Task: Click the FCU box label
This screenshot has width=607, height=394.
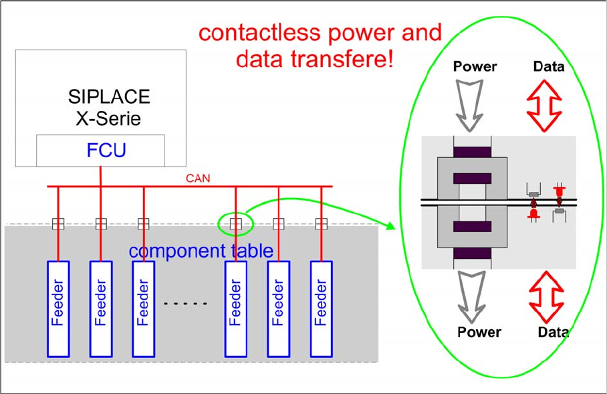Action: [x=106, y=151]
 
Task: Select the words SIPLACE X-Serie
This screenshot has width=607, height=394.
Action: [x=109, y=107]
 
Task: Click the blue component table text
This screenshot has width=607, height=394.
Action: [x=201, y=252]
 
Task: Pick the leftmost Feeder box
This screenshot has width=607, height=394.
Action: [x=58, y=308]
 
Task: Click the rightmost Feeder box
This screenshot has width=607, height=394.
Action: [x=322, y=308]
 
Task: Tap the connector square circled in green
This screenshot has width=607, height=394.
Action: [x=235, y=223]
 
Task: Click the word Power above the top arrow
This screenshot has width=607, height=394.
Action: [x=475, y=67]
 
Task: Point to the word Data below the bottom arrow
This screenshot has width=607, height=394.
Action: [x=553, y=332]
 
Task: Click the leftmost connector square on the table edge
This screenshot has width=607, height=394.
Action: [x=58, y=223]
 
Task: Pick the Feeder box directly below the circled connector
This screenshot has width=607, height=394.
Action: [x=235, y=308]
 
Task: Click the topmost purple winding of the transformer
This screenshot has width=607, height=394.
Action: [x=472, y=152]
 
